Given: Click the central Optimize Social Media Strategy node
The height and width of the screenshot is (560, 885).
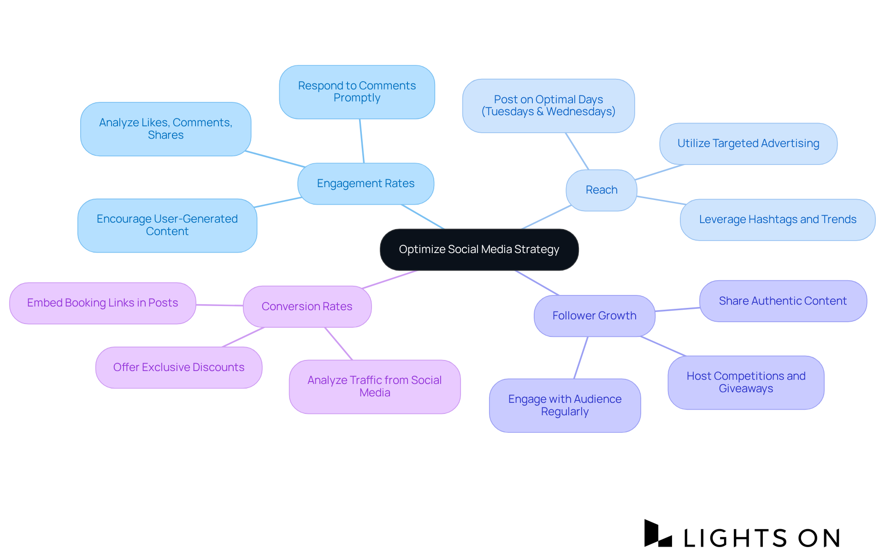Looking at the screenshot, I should click(479, 249).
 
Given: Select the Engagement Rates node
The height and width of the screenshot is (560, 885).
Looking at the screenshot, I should click(366, 183).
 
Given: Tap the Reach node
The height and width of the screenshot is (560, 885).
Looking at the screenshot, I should click(601, 190).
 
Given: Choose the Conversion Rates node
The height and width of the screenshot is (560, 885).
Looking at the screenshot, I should click(307, 307).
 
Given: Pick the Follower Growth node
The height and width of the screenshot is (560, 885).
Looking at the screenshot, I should click(594, 316).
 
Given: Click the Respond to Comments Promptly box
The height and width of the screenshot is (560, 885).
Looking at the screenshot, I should click(357, 92).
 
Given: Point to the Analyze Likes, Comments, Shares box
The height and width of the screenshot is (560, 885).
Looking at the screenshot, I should click(165, 129).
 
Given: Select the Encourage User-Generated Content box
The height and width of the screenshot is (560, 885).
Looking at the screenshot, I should click(167, 225).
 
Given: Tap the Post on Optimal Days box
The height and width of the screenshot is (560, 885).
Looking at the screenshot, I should click(548, 106).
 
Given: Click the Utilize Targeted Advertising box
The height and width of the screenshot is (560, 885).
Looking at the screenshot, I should click(748, 143).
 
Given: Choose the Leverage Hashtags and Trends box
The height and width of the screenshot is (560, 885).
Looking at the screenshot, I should click(778, 219).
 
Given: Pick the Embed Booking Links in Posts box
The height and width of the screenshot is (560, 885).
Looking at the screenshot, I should click(102, 303).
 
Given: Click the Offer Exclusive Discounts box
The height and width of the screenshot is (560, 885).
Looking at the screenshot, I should click(179, 367).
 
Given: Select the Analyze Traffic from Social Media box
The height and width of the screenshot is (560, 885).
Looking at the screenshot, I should click(374, 386).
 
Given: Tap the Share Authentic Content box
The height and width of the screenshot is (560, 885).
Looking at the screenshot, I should click(783, 301).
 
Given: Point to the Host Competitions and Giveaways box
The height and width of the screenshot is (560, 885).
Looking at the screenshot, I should click(746, 382).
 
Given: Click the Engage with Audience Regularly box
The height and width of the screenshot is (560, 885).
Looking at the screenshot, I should click(565, 405).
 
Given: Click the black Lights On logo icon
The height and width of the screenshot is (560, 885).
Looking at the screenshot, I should click(658, 533).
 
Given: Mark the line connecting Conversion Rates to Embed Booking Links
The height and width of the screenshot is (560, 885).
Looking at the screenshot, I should click(219, 305).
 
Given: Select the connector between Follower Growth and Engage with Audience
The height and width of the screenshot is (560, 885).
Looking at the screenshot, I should click(581, 358).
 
